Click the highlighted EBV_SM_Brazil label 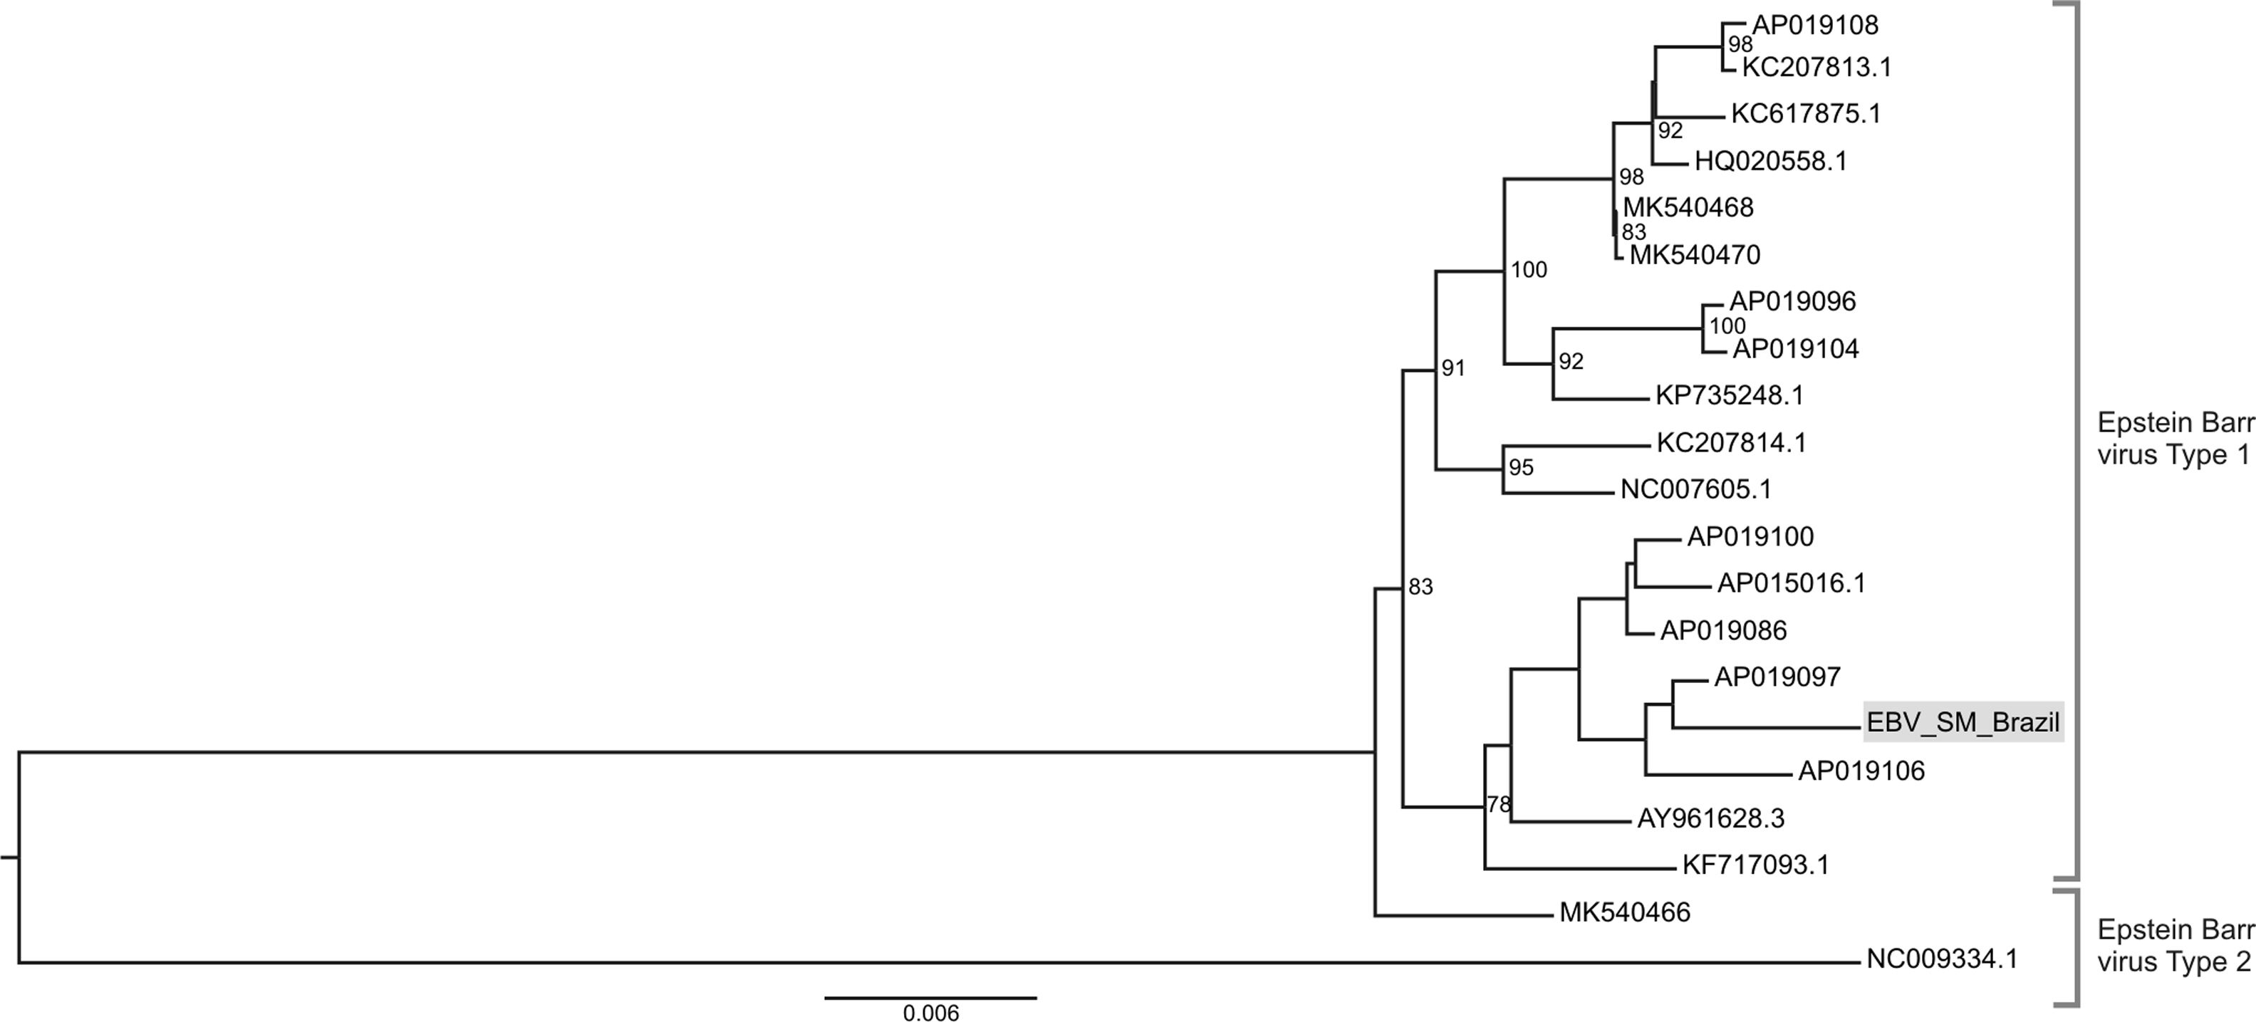tap(1963, 722)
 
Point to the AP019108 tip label tap(1814, 26)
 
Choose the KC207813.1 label tap(1816, 68)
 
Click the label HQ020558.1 tap(1770, 161)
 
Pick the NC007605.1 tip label tap(1695, 489)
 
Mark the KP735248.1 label tap(1729, 396)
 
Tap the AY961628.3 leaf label tap(1710, 819)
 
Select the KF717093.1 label tap(1755, 865)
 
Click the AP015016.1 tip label tap(1791, 583)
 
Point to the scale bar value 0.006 tap(931, 1013)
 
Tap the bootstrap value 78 tap(1499, 804)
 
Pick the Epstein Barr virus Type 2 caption tap(2176, 945)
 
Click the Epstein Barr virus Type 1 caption tap(2176, 439)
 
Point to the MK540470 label tap(1695, 255)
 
